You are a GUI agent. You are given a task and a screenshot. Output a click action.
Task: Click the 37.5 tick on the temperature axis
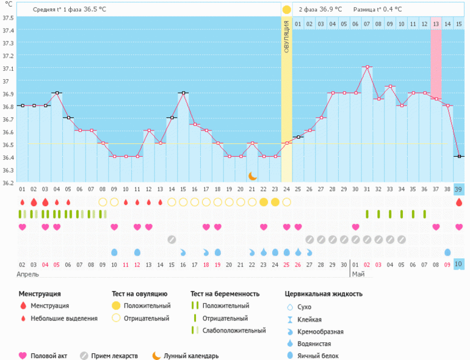point(9,18)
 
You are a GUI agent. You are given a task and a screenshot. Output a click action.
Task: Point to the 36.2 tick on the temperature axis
point(9,182)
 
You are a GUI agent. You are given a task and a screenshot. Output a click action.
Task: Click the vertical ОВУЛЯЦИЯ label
point(286,37)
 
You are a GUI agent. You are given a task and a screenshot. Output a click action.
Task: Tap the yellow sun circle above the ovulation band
point(286,10)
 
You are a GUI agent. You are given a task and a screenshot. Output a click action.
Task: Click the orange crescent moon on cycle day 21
point(252,176)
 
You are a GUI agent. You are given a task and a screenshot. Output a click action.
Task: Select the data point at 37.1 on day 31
point(366,67)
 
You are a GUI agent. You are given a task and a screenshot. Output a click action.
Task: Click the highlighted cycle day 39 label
point(458,189)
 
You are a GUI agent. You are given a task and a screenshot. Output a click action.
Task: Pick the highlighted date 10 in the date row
point(458,264)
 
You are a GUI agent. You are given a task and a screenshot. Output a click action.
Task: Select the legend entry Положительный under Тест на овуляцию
point(146,306)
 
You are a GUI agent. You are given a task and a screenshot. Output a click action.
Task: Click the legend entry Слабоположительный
point(234,330)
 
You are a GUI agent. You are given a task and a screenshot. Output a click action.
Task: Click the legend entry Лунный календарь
point(190,356)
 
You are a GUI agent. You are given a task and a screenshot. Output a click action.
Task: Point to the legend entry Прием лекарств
point(114,356)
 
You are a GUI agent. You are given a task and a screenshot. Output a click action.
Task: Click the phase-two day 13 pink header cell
point(435,24)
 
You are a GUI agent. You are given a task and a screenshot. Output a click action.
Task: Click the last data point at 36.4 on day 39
point(458,157)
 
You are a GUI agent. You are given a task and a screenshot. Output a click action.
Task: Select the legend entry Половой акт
point(49,356)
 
